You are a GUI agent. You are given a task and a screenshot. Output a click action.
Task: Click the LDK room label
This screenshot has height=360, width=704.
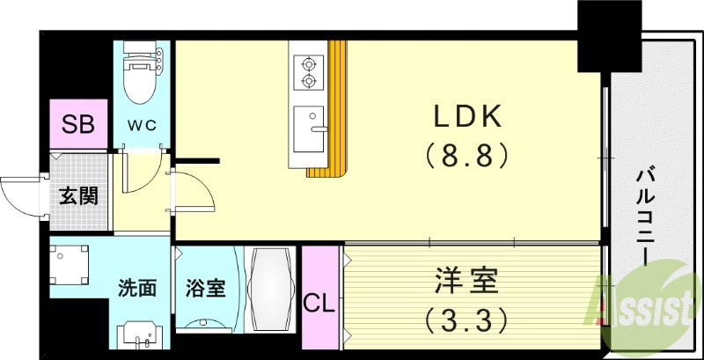pos(467,116)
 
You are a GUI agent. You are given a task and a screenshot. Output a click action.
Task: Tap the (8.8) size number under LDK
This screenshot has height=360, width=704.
pos(467,156)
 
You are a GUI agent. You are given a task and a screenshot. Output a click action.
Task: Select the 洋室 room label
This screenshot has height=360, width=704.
pos(466,283)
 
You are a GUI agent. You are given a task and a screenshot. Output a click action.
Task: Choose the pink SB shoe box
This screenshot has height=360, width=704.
pos(78,124)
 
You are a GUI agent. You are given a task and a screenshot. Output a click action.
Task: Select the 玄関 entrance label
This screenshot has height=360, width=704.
pos(78,195)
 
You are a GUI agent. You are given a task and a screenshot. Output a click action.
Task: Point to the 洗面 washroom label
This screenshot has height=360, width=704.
pos(137,288)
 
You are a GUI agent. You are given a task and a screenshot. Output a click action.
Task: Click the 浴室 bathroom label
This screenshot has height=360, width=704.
pos(204,288)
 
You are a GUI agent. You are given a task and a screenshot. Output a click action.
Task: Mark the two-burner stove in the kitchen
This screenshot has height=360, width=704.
pos(308,73)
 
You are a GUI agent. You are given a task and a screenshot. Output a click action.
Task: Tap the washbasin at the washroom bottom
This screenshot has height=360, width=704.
pos(140,334)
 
